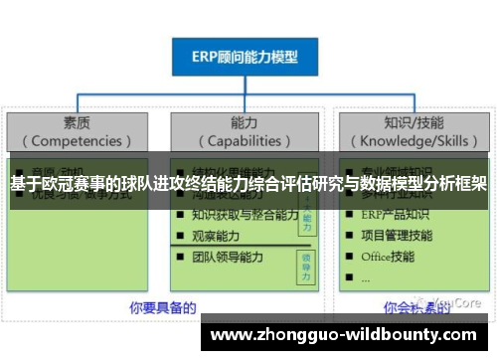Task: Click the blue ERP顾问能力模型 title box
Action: [x=245, y=57]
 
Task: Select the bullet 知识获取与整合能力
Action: [x=245, y=215]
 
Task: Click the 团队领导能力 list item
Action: [x=228, y=258]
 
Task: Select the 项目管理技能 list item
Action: [x=397, y=236]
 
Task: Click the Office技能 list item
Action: [x=389, y=257]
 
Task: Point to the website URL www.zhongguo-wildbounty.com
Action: [x=344, y=336]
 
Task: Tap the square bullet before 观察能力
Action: [x=179, y=237]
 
